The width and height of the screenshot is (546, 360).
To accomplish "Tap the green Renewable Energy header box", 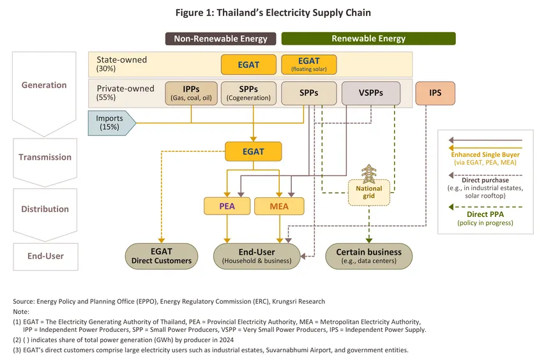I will tap(368, 38).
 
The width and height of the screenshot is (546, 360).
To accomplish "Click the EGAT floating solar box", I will tap(308, 64).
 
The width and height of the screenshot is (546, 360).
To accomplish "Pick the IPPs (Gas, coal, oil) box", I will tap(191, 93).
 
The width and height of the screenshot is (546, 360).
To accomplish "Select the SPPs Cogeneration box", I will tap(248, 93).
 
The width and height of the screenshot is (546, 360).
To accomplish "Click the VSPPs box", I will tap(371, 93).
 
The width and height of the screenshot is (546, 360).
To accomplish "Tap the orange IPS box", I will tap(435, 93).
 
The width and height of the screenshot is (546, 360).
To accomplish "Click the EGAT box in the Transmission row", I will tap(253, 152).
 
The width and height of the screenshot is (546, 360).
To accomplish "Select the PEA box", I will tap(227, 206).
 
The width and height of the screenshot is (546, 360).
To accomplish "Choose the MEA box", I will tap(279, 206).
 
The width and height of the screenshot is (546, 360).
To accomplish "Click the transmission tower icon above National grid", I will tap(368, 174).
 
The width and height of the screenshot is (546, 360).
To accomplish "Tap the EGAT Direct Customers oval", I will tap(161, 255).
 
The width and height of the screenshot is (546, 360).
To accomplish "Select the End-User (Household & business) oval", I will tap(257, 255).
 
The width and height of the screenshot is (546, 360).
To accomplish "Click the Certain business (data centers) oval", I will tap(368, 255).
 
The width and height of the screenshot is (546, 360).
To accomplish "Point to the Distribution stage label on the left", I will tap(44, 209).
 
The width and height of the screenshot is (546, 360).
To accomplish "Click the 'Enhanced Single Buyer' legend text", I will tap(484, 154).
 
